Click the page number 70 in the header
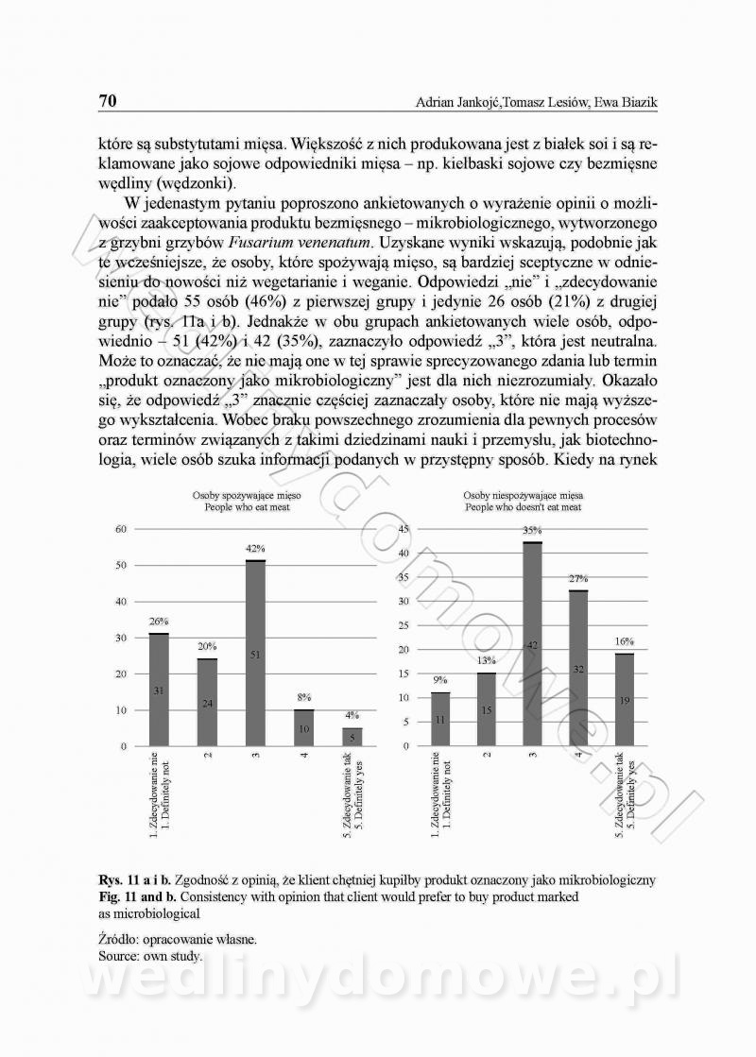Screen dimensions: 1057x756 pos(107,101)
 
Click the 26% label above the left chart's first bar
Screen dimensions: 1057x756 pos(158,622)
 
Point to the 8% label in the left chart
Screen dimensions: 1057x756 pos(303,697)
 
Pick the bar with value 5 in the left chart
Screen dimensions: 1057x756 pos(351,737)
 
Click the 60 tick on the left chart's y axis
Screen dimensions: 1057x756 pos(120,529)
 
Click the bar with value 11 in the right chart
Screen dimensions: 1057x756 pos(440,720)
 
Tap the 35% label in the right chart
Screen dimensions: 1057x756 pos(532,531)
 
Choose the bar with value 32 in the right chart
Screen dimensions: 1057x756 pos(579,668)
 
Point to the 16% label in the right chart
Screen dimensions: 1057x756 pos(625,641)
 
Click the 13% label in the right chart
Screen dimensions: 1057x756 pos(487,660)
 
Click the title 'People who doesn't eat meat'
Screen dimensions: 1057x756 pos(523,507)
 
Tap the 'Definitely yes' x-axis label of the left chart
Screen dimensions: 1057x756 pos(357,797)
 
